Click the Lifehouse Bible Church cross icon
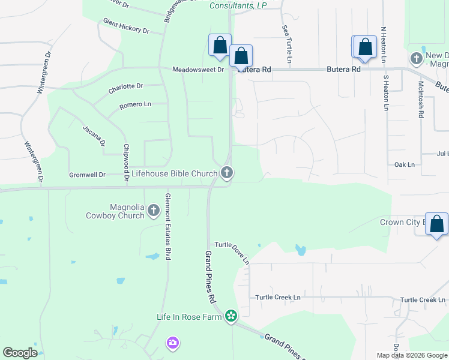226,173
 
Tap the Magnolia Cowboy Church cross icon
153,211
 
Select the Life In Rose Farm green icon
231,316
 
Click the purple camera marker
173,343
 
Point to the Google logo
20,353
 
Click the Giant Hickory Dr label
126,26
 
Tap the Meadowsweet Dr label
197,70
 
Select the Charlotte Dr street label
125,89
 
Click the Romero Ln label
135,105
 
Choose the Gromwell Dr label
88,175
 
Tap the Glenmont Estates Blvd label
169,226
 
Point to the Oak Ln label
405,164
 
